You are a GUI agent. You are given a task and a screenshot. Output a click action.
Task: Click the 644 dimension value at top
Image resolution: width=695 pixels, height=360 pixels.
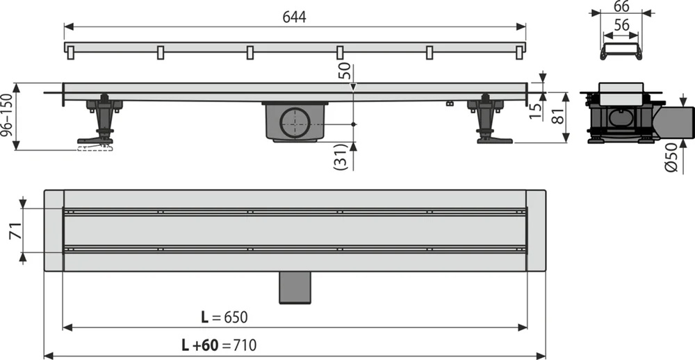coord(295,16)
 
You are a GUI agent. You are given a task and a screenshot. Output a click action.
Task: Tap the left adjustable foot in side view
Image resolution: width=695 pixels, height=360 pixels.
coord(101,122)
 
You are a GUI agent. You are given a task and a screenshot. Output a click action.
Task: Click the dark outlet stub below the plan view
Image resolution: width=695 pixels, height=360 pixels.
coord(295,288)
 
